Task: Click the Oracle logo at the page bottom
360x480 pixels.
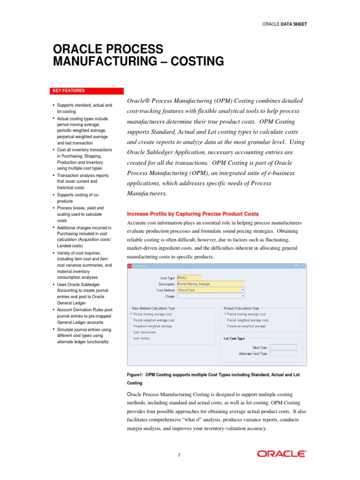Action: point(282,453)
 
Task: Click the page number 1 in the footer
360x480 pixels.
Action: point(179,454)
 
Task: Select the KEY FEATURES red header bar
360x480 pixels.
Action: point(87,91)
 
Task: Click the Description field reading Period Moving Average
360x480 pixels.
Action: point(210,284)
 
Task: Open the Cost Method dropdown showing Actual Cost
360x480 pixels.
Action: point(210,290)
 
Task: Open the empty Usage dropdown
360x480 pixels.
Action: point(210,296)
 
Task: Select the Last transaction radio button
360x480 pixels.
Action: point(131,332)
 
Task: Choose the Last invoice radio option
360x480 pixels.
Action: point(131,338)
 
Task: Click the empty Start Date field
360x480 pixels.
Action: point(284,347)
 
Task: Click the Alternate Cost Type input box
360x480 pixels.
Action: point(284,353)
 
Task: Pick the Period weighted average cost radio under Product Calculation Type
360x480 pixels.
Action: point(225,320)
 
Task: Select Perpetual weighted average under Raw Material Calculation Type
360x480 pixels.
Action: point(131,326)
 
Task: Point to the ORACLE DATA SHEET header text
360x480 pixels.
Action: point(285,24)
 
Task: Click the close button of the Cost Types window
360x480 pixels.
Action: point(304,266)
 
